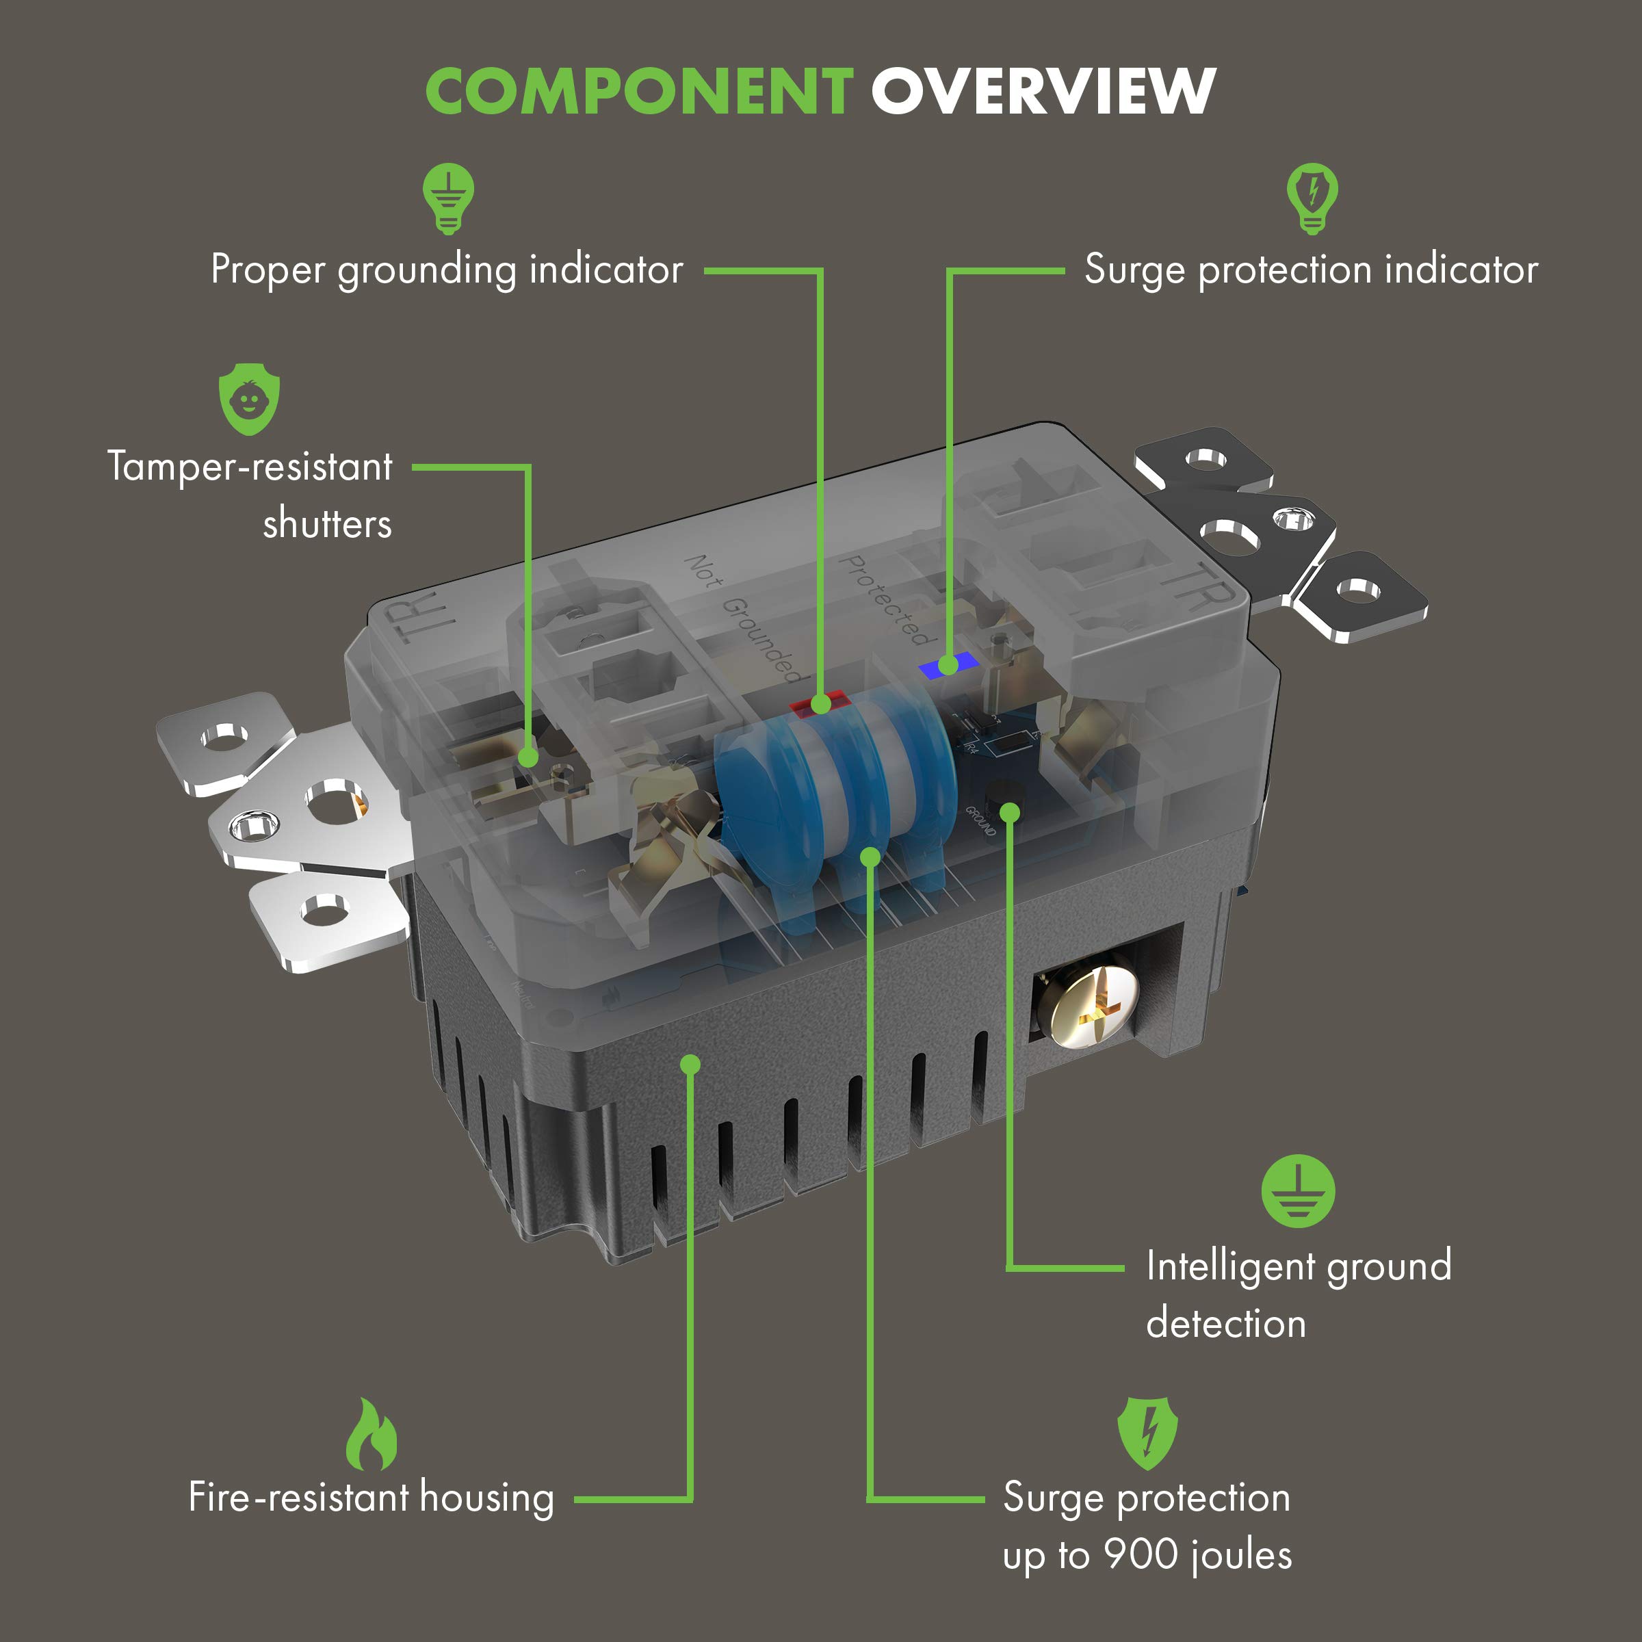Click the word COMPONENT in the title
tap(639, 92)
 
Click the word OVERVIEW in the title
tap(1043, 92)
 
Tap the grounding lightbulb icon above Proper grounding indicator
tap(448, 198)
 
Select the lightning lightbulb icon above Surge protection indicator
tap(1312, 198)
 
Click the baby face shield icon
tap(249, 400)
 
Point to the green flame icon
tap(372, 1435)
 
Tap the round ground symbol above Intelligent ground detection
tap(1297, 1190)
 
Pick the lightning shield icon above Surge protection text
tap(1147, 1433)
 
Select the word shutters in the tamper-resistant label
tap(327, 523)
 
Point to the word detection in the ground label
tap(1225, 1323)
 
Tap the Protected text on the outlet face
tap(884, 599)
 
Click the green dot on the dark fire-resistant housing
tap(690, 1064)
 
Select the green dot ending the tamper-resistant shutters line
tap(527, 757)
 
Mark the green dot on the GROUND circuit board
tap(1009, 813)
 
